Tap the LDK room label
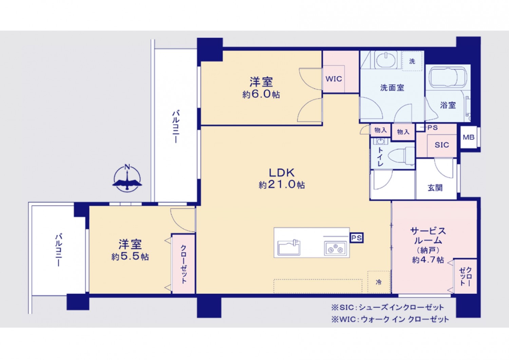point(282,173)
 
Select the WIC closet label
point(334,79)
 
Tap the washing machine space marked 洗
point(412,61)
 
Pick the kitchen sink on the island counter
point(289,248)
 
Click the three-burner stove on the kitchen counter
point(335,249)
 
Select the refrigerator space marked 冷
point(379,282)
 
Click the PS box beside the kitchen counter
point(357,238)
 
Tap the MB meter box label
point(469,137)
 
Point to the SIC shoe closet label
point(442,145)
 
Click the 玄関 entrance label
point(435,188)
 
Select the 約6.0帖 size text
point(261,94)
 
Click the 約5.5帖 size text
point(130,257)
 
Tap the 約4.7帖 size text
point(428,260)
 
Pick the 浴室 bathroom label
point(448,105)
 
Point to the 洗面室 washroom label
point(392,88)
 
